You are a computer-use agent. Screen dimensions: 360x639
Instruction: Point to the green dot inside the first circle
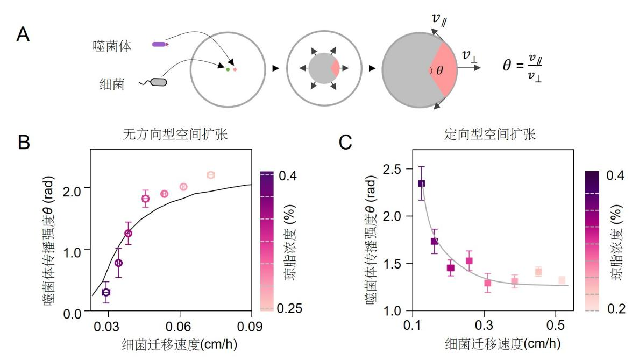click(x=228, y=69)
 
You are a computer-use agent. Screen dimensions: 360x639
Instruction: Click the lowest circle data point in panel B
click(x=106, y=292)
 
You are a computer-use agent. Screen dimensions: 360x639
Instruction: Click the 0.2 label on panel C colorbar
click(x=617, y=309)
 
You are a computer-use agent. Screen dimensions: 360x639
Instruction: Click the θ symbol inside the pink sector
click(x=439, y=70)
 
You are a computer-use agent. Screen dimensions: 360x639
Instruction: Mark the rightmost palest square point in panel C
click(x=562, y=280)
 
